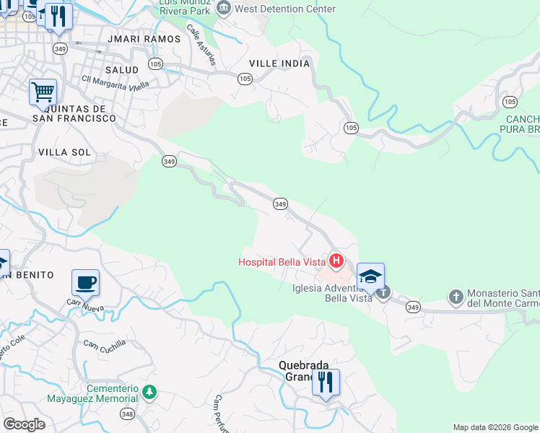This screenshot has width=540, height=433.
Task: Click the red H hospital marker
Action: [336, 260]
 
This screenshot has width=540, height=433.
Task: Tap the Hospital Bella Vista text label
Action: [282, 262]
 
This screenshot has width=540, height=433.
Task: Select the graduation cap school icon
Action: [370, 276]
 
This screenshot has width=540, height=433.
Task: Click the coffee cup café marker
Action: [85, 283]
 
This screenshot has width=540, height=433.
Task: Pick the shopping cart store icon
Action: [43, 92]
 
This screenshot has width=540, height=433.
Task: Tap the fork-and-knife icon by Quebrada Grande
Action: [326, 382]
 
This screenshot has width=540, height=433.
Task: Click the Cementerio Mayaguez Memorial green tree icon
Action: [149, 393]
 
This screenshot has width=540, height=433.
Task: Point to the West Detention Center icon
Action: [224, 9]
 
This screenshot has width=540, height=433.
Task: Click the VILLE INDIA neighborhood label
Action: [279, 64]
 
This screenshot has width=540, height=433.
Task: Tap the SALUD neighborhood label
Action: [121, 69]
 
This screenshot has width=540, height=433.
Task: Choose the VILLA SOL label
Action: [64, 152]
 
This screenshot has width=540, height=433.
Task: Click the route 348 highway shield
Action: [127, 414]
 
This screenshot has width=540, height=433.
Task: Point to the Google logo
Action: [24, 424]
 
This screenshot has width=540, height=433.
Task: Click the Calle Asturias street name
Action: [201, 44]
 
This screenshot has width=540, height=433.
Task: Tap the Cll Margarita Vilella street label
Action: [116, 84]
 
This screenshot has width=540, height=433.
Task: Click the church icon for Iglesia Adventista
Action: [383, 292]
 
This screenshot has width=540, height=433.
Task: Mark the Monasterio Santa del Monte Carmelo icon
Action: [456, 296]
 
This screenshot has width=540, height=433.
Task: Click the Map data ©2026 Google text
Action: [495, 427]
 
